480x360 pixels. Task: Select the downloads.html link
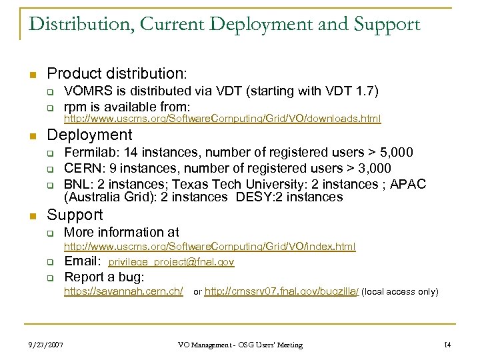pos(222,119)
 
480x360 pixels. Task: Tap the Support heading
pos(75,215)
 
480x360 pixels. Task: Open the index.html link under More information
pos(209,247)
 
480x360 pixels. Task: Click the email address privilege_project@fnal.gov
pos(171,263)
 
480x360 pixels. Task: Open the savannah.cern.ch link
pos(123,292)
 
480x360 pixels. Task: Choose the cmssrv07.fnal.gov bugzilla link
pos(281,292)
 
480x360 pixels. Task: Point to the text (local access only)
pos(400,292)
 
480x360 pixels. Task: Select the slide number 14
pos(447,345)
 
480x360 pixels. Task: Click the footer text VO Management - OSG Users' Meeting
pos(240,345)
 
